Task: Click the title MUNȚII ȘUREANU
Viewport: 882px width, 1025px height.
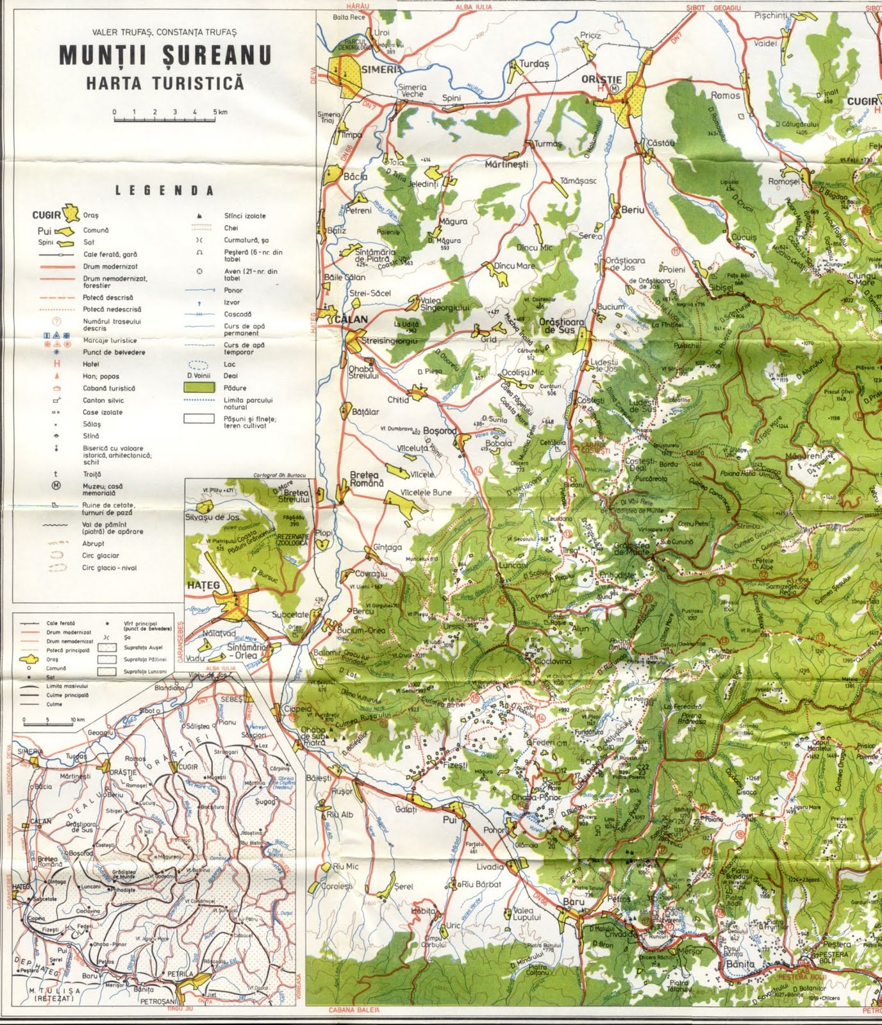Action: click(165, 56)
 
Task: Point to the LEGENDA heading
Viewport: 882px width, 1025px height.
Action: click(164, 190)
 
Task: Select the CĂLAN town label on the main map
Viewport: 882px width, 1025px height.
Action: click(351, 319)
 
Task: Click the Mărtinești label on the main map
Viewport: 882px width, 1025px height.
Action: click(506, 164)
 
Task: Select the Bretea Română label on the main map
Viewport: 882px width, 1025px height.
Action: click(366, 479)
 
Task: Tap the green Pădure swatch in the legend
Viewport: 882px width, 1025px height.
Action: click(198, 388)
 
